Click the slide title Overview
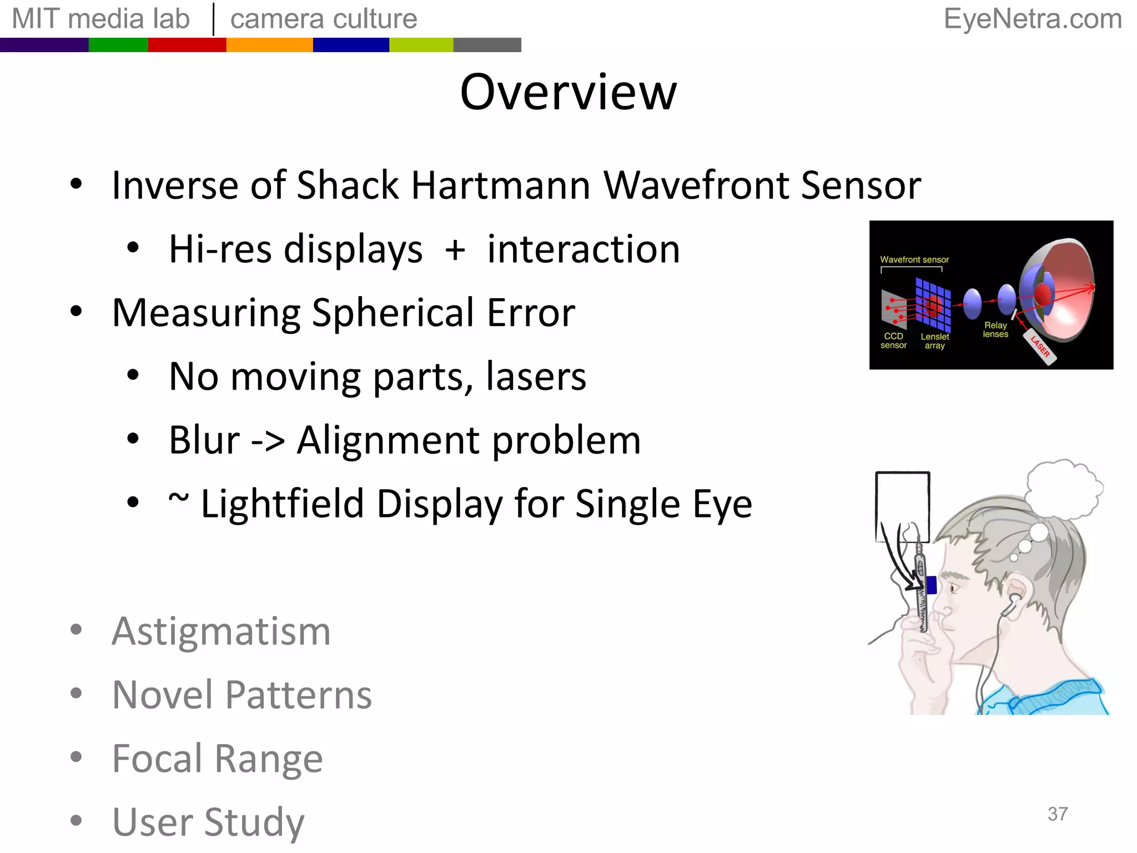pos(568,92)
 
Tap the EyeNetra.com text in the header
pos(1033,19)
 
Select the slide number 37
pos(1057,814)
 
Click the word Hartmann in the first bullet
pos(500,185)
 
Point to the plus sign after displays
pos(455,250)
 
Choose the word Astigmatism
pos(221,631)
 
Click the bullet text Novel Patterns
pos(242,695)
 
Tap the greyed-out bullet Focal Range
pos(217,759)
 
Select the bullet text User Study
pos(208,822)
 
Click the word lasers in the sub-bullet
pos(536,377)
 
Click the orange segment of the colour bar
pos(269,45)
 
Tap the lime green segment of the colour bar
pos(421,45)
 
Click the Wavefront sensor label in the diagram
pos(914,259)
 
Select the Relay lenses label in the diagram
pos(995,329)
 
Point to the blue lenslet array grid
pos(933,304)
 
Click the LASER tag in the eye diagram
pos(1040,347)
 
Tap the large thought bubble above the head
pos(1063,489)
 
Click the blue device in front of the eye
pos(931,585)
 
